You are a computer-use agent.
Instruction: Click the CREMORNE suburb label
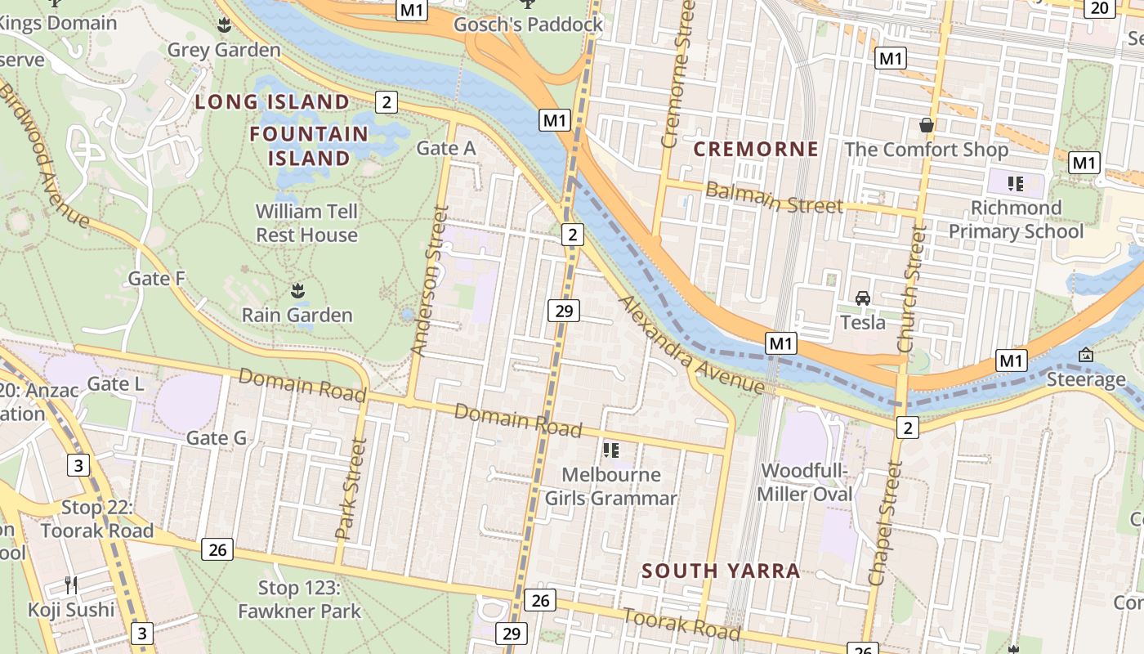[x=756, y=149]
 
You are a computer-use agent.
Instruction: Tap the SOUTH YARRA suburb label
[x=721, y=571]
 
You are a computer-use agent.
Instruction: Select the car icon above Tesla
[x=863, y=298]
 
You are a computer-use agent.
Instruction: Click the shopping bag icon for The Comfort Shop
[x=927, y=125]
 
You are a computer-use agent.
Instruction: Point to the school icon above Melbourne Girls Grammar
[x=610, y=450]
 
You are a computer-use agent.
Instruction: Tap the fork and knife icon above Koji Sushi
[x=71, y=585]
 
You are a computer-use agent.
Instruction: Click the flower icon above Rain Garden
[x=297, y=290]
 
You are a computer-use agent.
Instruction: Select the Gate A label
[x=445, y=148]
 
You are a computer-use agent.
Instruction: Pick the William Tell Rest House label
[x=306, y=223]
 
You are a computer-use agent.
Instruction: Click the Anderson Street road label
[x=431, y=280]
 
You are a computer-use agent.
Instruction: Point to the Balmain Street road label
[x=773, y=198]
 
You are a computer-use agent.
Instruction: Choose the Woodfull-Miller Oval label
[x=805, y=482]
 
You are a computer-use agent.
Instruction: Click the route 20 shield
[x=1099, y=8]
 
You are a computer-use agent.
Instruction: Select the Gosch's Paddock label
[x=528, y=25]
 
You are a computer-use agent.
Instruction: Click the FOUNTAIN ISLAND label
[x=309, y=146]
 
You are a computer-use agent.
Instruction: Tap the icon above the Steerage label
[x=1086, y=355]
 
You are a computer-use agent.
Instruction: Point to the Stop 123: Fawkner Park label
[x=299, y=599]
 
